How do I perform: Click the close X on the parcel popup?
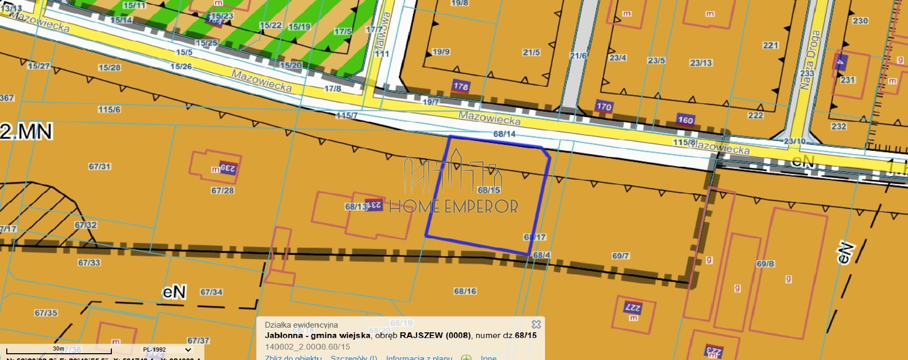click(x=536, y=324)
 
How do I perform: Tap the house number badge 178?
click(x=461, y=86)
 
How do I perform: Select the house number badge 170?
click(x=604, y=107)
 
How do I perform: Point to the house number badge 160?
click(x=685, y=120)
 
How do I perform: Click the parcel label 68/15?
click(x=489, y=190)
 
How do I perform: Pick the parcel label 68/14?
click(x=504, y=134)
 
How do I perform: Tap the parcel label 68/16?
click(x=465, y=291)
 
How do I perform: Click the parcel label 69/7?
click(x=620, y=256)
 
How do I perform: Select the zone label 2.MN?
click(x=26, y=132)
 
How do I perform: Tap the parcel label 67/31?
click(x=99, y=167)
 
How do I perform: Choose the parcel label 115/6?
click(x=109, y=110)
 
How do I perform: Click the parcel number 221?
click(x=771, y=45)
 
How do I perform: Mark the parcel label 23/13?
click(x=700, y=63)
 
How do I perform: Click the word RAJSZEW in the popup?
click(x=421, y=335)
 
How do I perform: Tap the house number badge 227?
click(x=633, y=307)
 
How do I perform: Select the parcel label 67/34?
click(x=211, y=292)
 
